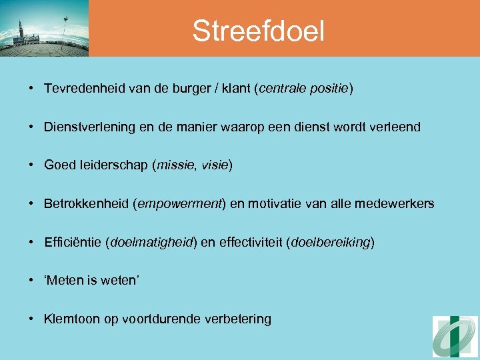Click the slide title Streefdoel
click(258, 31)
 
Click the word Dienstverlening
click(91, 127)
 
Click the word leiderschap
click(111, 165)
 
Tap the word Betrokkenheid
click(87, 203)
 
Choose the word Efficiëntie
click(73, 242)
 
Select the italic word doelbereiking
click(330, 242)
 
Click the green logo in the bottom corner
click(455, 337)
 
